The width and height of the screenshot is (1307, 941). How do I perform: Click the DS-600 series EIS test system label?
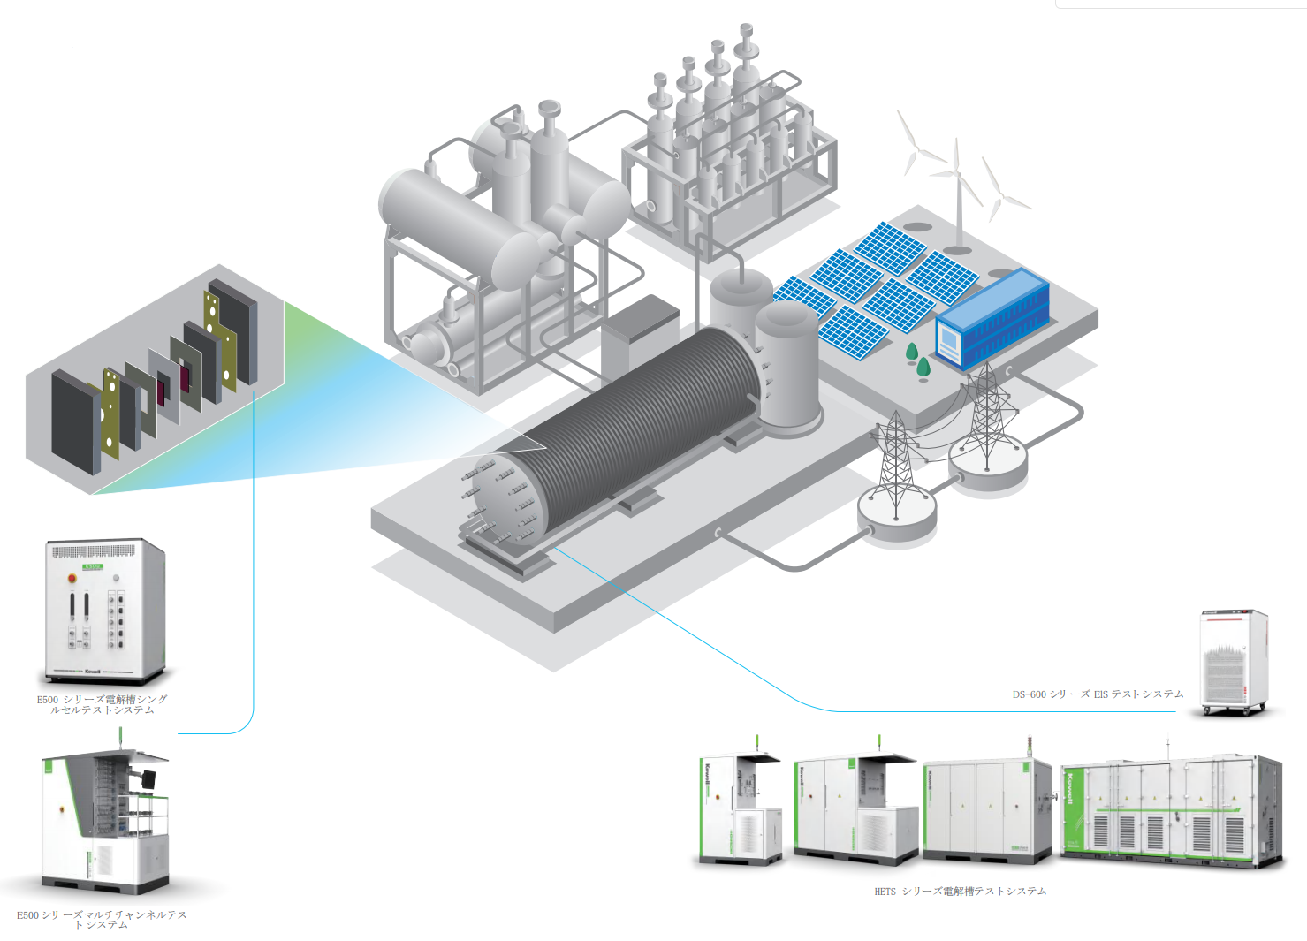(1098, 694)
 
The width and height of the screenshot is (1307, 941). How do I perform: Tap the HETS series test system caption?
(960, 892)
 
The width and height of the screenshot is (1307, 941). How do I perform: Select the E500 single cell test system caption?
(102, 704)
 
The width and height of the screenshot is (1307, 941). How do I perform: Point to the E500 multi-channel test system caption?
(102, 920)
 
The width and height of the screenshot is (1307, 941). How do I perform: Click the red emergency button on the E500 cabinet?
(72, 578)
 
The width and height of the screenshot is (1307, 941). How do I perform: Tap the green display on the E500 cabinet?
(92, 566)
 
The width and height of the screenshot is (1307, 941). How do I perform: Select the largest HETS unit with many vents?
(1171, 811)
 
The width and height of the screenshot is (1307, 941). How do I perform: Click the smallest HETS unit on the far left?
(741, 808)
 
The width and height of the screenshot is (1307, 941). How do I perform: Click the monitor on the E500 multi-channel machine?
(147, 778)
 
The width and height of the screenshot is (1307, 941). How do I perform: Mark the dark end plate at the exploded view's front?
(75, 423)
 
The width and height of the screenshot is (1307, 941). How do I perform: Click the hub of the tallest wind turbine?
(955, 171)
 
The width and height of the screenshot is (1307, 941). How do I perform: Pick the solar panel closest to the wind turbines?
(891, 247)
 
